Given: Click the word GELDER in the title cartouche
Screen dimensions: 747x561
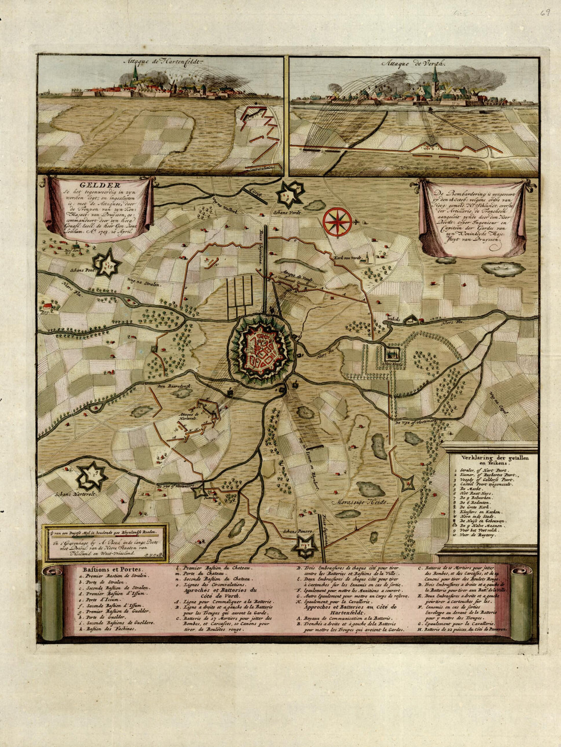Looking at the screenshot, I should click(x=99, y=185).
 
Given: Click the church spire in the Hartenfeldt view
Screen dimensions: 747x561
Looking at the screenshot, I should click(x=135, y=74).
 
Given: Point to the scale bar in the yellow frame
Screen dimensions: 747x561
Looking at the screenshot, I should click(x=105, y=531).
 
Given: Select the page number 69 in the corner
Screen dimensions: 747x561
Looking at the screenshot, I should click(x=545, y=12).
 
